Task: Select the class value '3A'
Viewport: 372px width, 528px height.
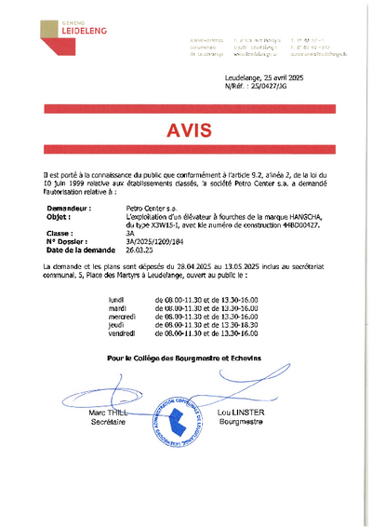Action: point(130,233)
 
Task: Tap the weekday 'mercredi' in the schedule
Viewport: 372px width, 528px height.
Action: point(123,316)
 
